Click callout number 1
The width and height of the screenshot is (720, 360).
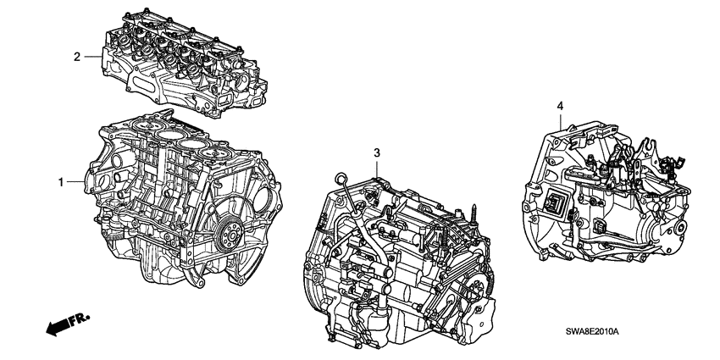[x=60, y=182]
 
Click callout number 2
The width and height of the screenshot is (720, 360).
[x=77, y=57]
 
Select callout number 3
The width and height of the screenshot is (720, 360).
[x=377, y=152]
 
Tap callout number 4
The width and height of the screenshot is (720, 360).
[x=558, y=105]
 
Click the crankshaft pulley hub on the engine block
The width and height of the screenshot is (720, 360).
[x=227, y=230]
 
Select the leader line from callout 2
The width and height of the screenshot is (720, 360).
[x=93, y=57]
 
